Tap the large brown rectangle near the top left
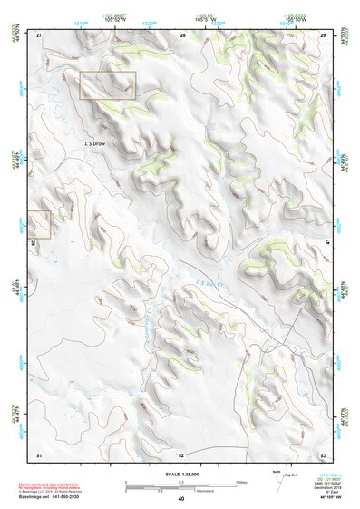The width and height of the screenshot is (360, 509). point(108,85)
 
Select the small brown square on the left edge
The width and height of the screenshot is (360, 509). point(38,224)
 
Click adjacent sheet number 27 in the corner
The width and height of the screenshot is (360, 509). point(40,34)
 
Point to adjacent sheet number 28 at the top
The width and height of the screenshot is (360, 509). point(182,34)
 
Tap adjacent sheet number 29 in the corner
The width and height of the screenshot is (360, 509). point(323,34)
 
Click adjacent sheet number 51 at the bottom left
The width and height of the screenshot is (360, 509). point(39,454)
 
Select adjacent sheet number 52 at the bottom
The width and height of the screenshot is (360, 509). point(181,455)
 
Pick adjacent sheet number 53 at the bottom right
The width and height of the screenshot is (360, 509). point(323,454)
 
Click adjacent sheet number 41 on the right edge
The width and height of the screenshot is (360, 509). point(325,242)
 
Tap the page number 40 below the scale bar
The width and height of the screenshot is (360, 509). point(181,499)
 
